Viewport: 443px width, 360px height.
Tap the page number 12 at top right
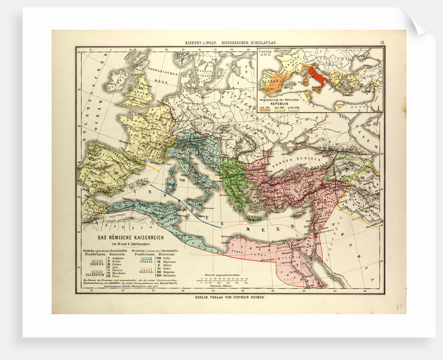[382, 43]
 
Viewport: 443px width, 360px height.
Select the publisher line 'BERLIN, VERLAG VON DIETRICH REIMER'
[230, 298]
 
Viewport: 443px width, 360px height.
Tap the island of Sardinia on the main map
[168, 184]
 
